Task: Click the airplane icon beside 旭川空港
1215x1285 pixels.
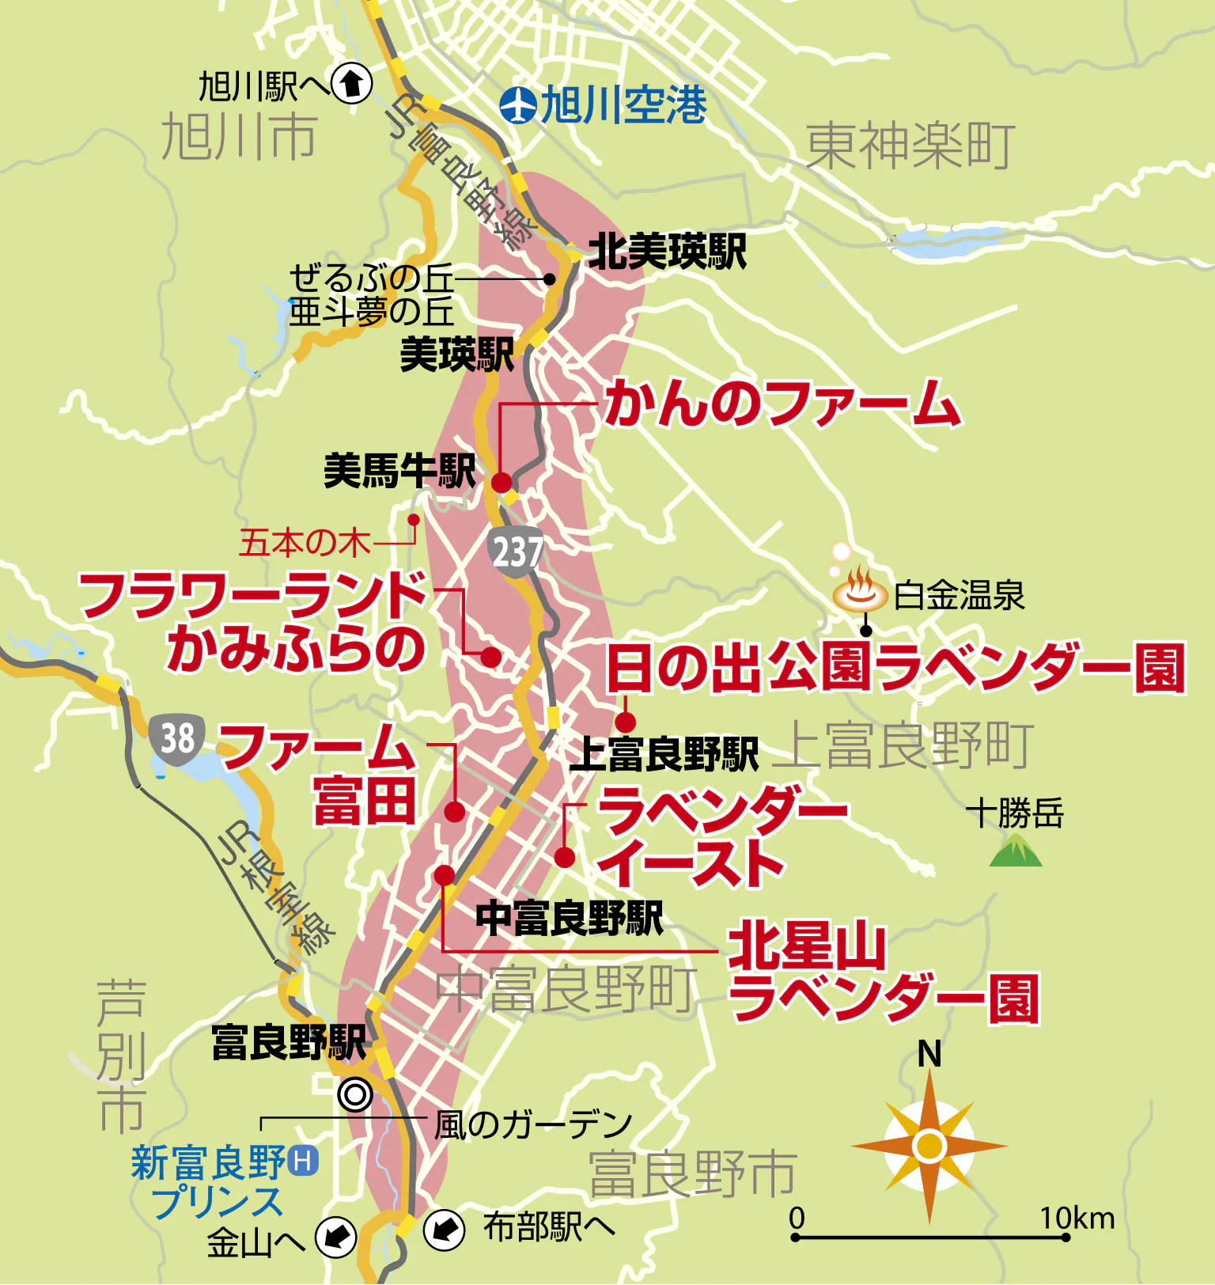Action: click(x=518, y=104)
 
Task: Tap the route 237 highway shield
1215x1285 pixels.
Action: click(x=516, y=552)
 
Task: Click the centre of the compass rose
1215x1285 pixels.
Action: click(x=929, y=1146)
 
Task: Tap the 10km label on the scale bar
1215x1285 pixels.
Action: click(x=1077, y=1219)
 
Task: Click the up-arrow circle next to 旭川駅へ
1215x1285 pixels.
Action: click(x=351, y=83)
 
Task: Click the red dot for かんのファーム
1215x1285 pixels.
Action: click(x=502, y=483)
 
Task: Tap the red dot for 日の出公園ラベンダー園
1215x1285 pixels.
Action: click(x=626, y=722)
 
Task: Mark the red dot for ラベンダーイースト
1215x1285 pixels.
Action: click(x=564, y=857)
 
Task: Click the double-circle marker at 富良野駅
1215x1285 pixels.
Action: click(x=354, y=1096)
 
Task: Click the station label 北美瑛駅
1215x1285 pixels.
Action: click(x=667, y=252)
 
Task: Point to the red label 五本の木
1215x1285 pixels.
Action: click(x=305, y=543)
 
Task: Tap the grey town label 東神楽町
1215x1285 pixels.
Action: click(x=910, y=147)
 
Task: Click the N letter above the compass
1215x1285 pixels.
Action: click(x=929, y=1055)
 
